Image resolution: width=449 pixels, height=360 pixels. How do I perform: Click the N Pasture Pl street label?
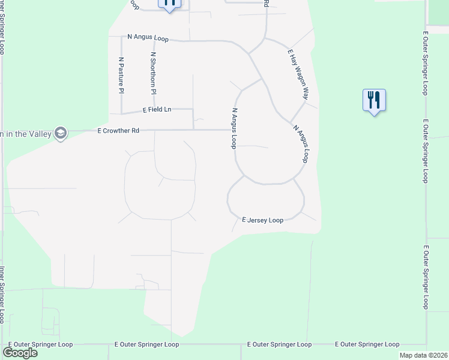pos(121,75)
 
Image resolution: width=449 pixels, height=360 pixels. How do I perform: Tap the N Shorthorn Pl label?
pos(153,73)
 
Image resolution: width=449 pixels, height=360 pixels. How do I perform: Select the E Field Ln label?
pos(157,110)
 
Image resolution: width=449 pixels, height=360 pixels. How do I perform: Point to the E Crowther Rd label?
pos(118,130)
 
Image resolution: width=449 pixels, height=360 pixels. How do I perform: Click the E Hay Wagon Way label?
pos(298,74)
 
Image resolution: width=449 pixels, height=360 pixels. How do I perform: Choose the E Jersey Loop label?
pos(262,220)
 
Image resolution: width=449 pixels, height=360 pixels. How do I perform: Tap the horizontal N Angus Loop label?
pos(148,37)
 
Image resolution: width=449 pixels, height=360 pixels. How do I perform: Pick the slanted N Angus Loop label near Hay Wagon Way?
pos(300,143)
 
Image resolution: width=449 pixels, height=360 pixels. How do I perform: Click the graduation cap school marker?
pos(60,133)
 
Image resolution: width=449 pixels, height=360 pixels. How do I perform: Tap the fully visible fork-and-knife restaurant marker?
pos(374,100)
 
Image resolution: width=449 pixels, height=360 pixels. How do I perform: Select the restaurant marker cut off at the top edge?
pos(170,3)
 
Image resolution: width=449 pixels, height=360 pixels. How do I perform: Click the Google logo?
pos(20,352)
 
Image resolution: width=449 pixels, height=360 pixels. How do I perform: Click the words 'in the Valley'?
pos(26,133)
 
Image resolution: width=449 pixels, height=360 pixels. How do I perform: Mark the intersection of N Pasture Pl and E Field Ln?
pos(121,113)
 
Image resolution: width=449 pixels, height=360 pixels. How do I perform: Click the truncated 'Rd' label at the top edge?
pos(265,3)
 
